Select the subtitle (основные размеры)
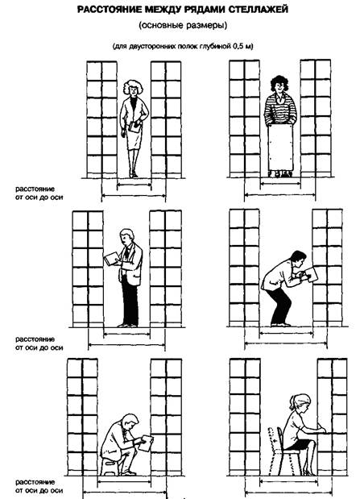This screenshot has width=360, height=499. [183, 26]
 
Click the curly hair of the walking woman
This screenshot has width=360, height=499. [133, 86]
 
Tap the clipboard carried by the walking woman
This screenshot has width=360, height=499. [134, 127]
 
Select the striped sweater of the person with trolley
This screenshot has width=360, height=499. [280, 109]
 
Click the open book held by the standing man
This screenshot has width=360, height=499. [111, 259]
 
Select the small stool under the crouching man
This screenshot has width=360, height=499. [110, 466]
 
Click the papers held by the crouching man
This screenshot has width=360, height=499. [146, 443]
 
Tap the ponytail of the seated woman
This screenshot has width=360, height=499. [292, 404]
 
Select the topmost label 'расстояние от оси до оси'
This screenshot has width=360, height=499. [39, 193]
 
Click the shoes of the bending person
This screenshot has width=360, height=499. [280, 324]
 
